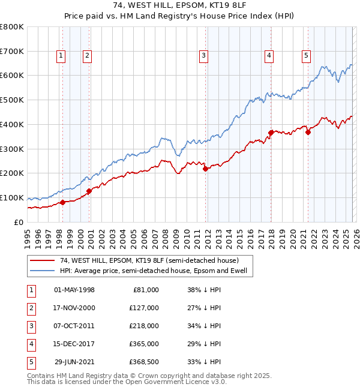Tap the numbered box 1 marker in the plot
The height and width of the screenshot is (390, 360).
tap(62, 56)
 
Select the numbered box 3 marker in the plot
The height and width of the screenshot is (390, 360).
tap(204, 56)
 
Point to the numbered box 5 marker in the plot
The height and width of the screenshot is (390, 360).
tap(306, 56)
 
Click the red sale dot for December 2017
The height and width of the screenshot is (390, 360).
tap(271, 132)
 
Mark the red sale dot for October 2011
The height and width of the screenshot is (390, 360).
tap(205, 169)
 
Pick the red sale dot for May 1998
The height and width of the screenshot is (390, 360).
tap(62, 202)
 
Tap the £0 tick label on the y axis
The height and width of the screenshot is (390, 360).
tap(17, 223)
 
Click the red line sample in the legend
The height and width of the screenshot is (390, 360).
tap(42, 261)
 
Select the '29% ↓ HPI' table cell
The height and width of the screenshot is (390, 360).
tap(203, 343)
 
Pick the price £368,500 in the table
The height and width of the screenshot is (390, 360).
tap(145, 361)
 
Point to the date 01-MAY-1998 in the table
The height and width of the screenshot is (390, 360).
tap(74, 289)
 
